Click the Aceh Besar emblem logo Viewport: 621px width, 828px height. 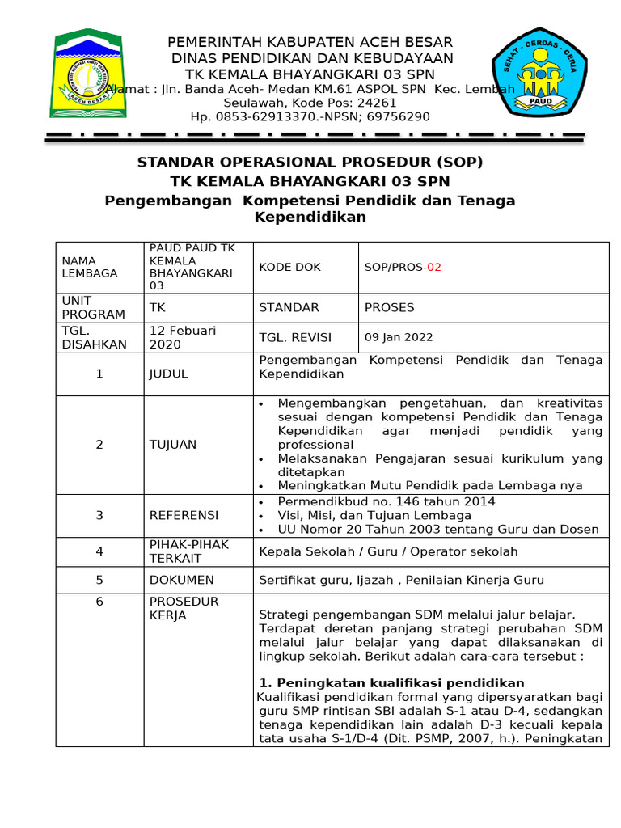click(x=87, y=74)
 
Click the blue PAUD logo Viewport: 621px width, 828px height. click(x=540, y=74)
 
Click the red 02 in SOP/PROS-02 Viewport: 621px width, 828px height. click(x=434, y=267)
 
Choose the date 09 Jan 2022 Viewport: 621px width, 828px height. click(x=399, y=337)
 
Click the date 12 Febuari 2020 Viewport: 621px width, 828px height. click(x=183, y=337)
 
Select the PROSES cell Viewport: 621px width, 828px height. click(x=390, y=307)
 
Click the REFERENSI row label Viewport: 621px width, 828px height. click(x=184, y=515)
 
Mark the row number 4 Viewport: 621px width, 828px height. click(x=99, y=551)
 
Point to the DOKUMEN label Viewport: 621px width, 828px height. click(x=182, y=580)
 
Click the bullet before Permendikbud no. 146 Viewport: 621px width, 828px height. click(x=260, y=502)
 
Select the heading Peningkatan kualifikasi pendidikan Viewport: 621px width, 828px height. click(x=391, y=682)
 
